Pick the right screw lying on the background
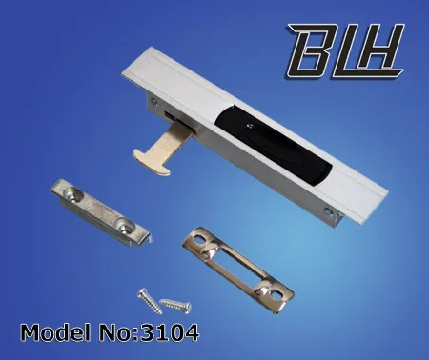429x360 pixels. (176, 306)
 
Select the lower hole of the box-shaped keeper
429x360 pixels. (125, 226)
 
